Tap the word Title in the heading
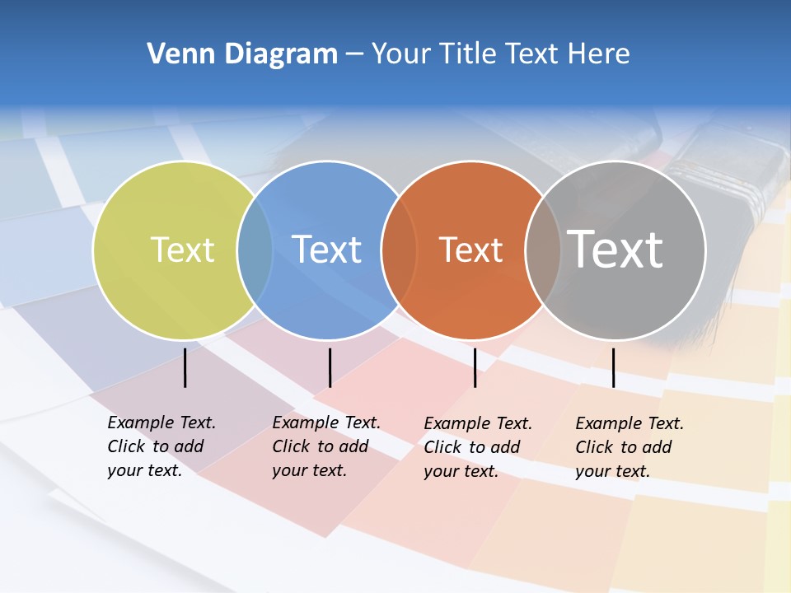pos(469,54)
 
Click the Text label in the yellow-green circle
pos(182,250)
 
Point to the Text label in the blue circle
pos(327,250)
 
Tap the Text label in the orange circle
pos(470,250)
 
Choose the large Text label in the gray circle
pos(615,249)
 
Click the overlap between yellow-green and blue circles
pos(255,250)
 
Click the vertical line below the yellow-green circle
pos(185,367)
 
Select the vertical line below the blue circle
pos(330,367)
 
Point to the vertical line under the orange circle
pos(475,367)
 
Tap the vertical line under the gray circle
pos(613,367)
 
